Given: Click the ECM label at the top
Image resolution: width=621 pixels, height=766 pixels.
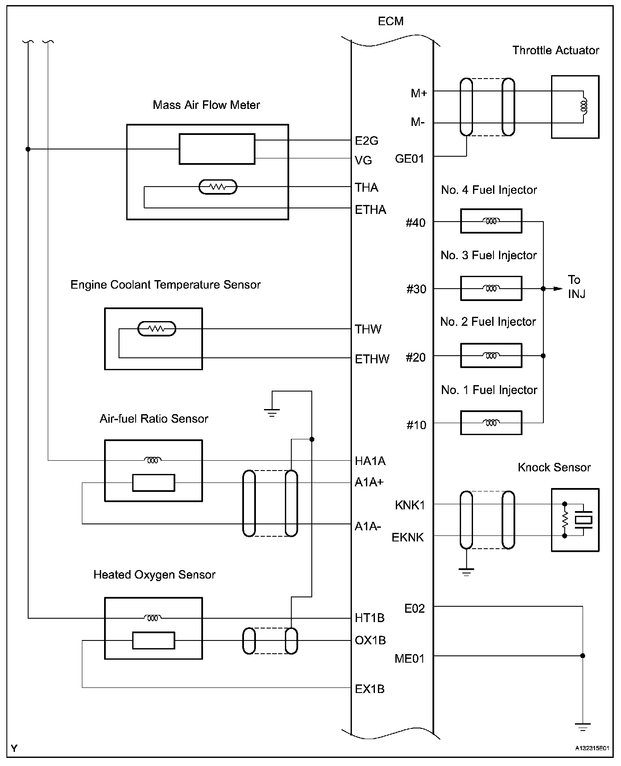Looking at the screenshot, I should [x=390, y=21].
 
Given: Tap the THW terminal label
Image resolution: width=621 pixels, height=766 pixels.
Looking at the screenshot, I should [x=368, y=329].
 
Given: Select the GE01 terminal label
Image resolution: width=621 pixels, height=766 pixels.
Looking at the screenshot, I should [x=409, y=159].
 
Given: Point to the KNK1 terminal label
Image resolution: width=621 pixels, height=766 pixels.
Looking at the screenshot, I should [x=409, y=505].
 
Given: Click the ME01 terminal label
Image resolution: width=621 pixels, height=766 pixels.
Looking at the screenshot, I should [x=409, y=658].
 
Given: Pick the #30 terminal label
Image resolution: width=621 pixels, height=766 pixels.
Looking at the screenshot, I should [x=416, y=289].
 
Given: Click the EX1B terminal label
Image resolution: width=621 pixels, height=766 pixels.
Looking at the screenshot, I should [x=369, y=689].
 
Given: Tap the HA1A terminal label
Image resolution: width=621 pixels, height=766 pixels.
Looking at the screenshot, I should [x=370, y=461].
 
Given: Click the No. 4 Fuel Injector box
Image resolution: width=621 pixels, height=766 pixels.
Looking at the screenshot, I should [x=491, y=221].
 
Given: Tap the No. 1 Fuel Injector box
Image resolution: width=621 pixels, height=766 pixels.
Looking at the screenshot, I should [x=491, y=423].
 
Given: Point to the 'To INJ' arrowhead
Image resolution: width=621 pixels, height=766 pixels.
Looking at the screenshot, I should [x=558, y=289].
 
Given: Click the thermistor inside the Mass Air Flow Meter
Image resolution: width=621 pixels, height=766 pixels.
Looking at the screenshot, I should [x=218, y=187].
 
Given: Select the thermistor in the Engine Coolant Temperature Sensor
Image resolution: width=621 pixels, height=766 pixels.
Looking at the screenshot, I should [x=157, y=329].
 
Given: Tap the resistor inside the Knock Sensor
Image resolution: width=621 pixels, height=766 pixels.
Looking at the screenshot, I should [x=565, y=520].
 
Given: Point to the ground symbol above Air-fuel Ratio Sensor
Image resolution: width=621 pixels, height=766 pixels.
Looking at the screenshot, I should [x=272, y=412].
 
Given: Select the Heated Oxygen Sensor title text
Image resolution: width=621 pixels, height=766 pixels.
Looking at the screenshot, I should [x=154, y=575].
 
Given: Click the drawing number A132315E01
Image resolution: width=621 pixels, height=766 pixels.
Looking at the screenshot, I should [x=591, y=748].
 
